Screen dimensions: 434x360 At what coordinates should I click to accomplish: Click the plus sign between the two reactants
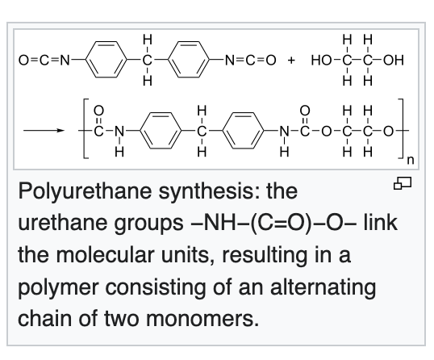[291, 61]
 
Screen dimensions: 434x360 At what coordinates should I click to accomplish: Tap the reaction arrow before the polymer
[44, 131]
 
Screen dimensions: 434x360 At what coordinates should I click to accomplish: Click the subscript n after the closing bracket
[411, 160]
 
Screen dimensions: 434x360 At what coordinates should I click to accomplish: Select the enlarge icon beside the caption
[403, 183]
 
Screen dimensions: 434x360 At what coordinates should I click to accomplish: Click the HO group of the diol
[321, 61]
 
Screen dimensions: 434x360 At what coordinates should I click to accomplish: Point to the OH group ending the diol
[394, 61]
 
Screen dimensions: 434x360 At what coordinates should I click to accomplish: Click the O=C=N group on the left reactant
[44, 61]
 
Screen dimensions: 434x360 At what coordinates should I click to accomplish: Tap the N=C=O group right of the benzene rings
[251, 61]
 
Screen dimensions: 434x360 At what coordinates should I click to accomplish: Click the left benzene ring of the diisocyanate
[106, 59]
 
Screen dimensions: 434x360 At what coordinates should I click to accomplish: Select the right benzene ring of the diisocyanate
[189, 59]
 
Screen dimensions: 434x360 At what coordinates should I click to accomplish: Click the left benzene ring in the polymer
[161, 131]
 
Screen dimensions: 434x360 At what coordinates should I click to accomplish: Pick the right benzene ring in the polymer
[244, 131]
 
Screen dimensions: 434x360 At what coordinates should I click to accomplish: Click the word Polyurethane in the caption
[85, 191]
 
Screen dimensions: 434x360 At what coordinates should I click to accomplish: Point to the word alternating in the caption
[323, 287]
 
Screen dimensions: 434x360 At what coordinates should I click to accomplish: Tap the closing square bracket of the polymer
[400, 128]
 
